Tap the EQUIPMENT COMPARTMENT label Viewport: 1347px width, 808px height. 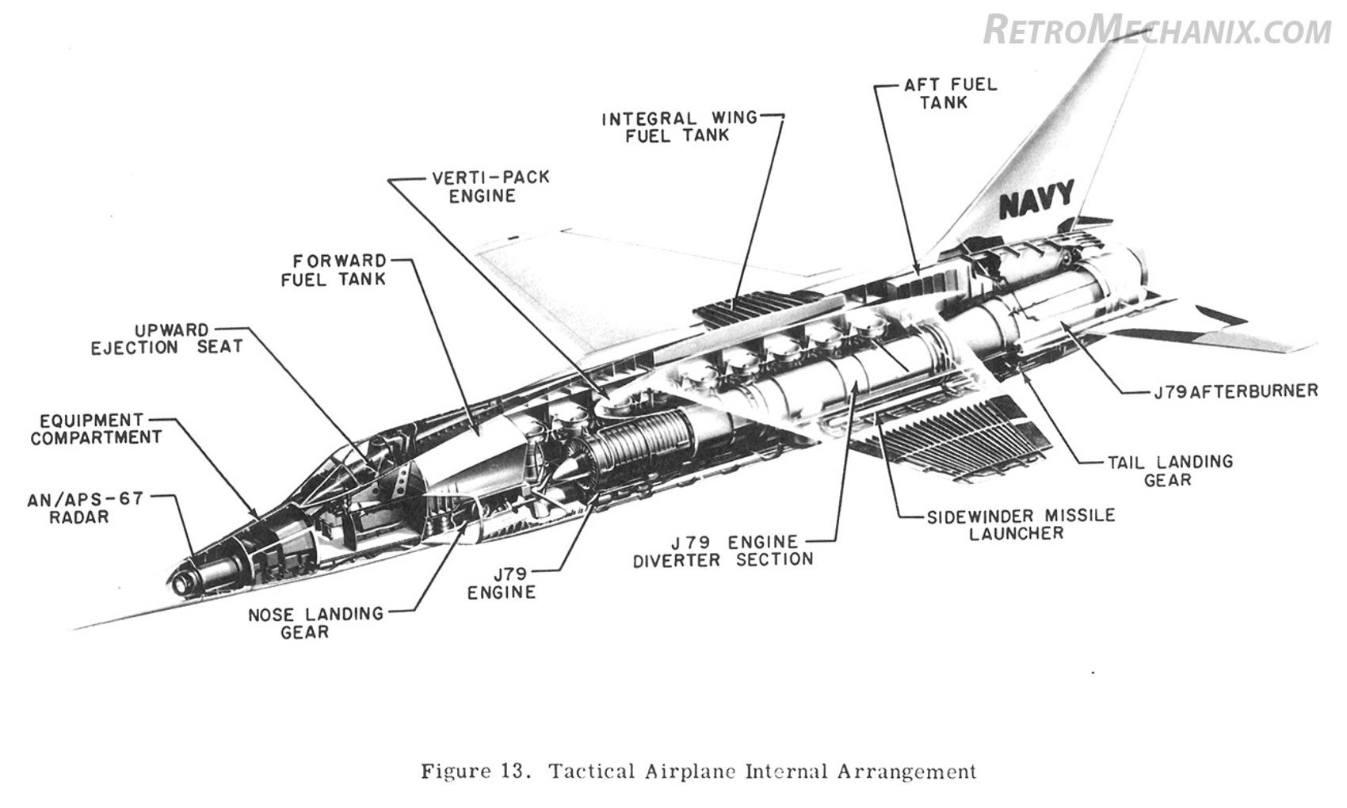pyautogui.click(x=96, y=429)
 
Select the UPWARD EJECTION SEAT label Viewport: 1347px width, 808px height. pyautogui.click(x=166, y=338)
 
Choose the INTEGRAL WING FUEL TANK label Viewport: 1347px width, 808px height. pyautogui.click(x=679, y=127)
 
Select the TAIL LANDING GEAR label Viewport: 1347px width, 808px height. pyautogui.click(x=1170, y=471)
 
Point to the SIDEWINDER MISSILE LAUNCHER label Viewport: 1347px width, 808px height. pyautogui.click(x=1021, y=524)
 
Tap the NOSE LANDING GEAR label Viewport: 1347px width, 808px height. pyautogui.click(x=316, y=623)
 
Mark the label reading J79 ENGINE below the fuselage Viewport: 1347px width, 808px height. pyautogui.click(x=502, y=582)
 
